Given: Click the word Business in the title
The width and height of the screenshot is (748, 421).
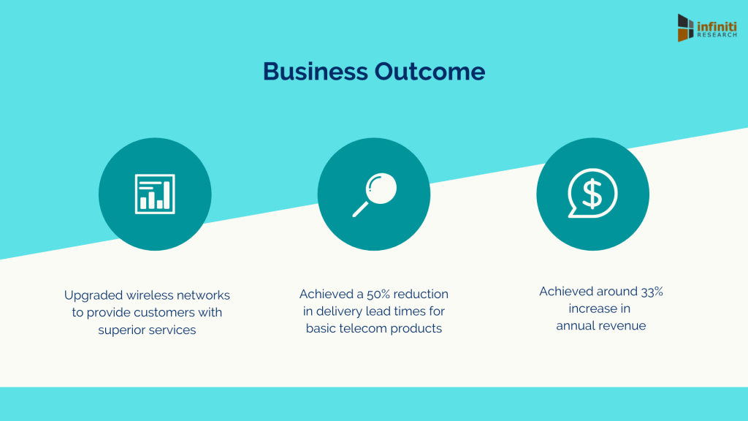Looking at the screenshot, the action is [x=316, y=72].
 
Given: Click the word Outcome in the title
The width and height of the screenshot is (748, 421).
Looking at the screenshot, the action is [x=430, y=72].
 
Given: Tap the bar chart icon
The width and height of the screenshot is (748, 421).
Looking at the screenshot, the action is [x=155, y=194].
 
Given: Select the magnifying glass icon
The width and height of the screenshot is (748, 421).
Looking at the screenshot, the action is [x=375, y=194].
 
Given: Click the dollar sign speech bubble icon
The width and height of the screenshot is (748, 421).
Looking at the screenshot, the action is [x=592, y=193].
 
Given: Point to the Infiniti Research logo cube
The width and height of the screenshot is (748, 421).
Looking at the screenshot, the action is [x=685, y=28].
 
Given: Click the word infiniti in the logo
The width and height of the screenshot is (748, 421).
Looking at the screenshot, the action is [x=717, y=26].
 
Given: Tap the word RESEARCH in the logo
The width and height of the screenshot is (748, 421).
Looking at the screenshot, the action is [x=717, y=35].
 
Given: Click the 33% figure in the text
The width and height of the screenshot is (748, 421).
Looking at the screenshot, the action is [x=652, y=292].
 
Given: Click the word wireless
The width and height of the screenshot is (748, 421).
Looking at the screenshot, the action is [x=150, y=295].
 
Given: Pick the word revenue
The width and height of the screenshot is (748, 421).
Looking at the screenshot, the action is [x=622, y=326].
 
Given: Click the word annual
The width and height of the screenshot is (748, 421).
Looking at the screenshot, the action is [x=576, y=325].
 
